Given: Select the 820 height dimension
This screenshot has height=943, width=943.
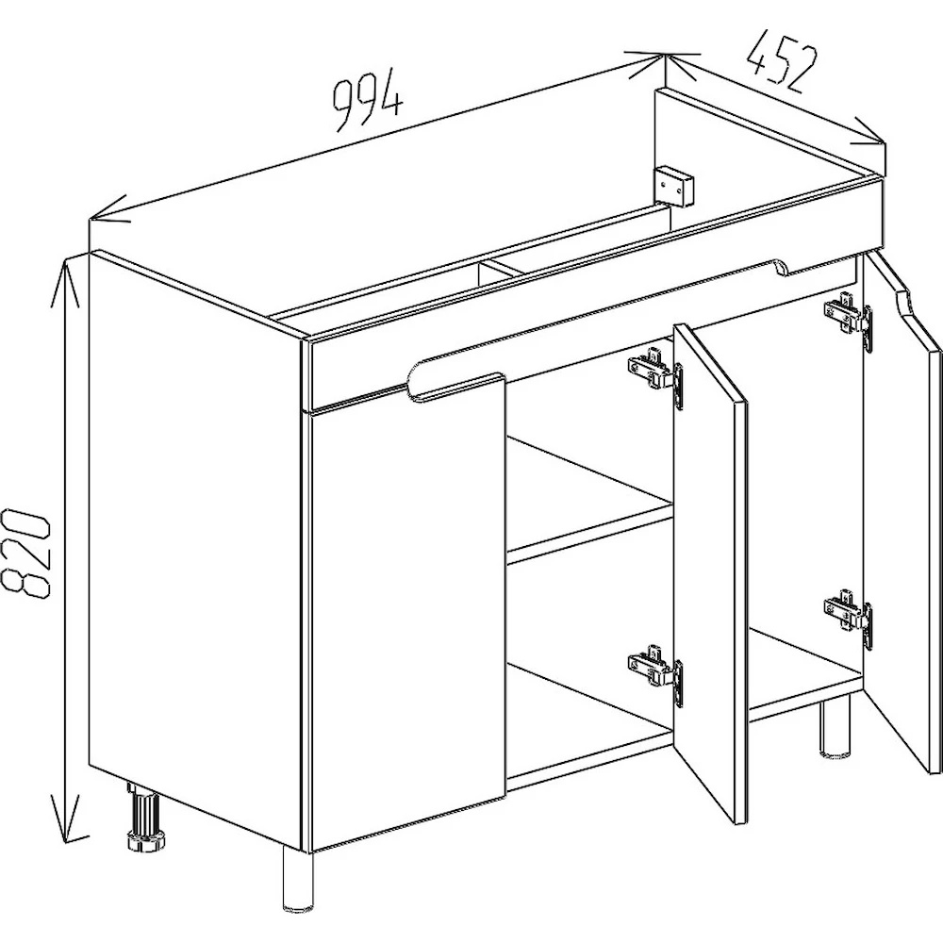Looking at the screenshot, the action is (25, 553).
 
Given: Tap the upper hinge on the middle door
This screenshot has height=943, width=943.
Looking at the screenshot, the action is (656, 376).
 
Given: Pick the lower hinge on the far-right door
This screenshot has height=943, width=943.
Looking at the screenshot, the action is (849, 620).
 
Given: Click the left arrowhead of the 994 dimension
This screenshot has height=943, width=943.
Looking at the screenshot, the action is (108, 208).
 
